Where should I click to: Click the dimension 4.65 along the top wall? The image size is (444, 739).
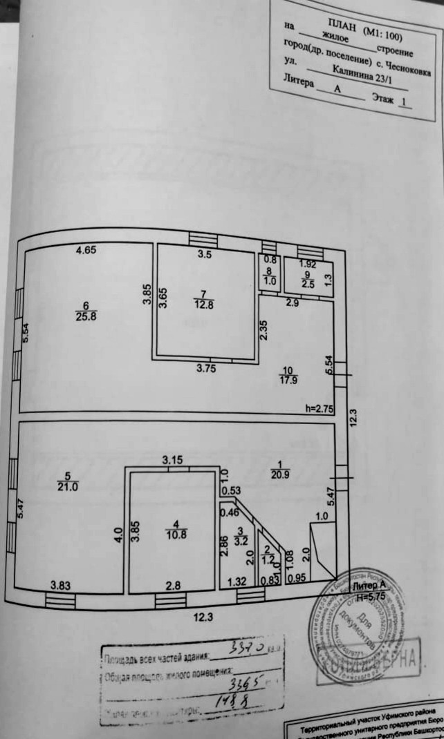(86, 251)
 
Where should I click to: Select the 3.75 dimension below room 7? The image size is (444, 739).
(205, 368)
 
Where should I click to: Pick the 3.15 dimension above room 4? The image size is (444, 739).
(172, 459)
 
